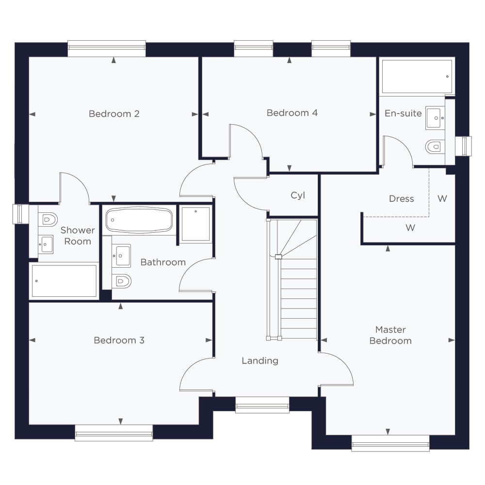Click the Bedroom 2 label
(x=114, y=114)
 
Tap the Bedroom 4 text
(x=292, y=113)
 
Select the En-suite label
(x=403, y=113)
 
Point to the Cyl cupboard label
(x=298, y=195)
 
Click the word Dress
(x=401, y=199)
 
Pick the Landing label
(x=260, y=361)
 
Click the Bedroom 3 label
(x=119, y=340)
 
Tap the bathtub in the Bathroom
(x=139, y=220)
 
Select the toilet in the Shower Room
(x=48, y=220)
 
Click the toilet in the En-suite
(x=435, y=146)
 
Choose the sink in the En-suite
(x=435, y=118)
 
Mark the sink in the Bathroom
(x=121, y=256)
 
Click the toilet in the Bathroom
(x=121, y=281)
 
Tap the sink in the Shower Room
(x=46, y=244)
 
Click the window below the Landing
(x=262, y=404)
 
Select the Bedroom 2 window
(x=107, y=48)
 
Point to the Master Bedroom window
(x=390, y=443)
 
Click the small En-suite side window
(x=463, y=146)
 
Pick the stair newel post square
(x=278, y=257)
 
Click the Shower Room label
(x=78, y=236)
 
